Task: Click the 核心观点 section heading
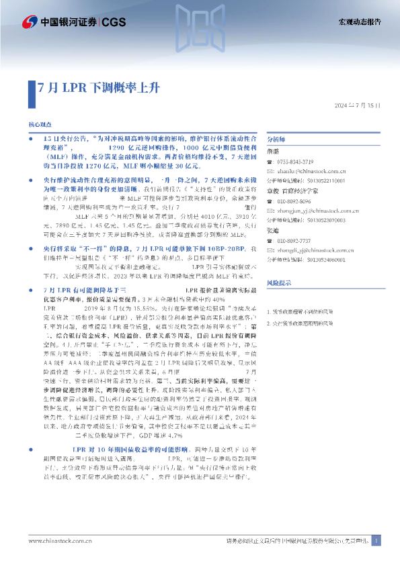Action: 40,125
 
